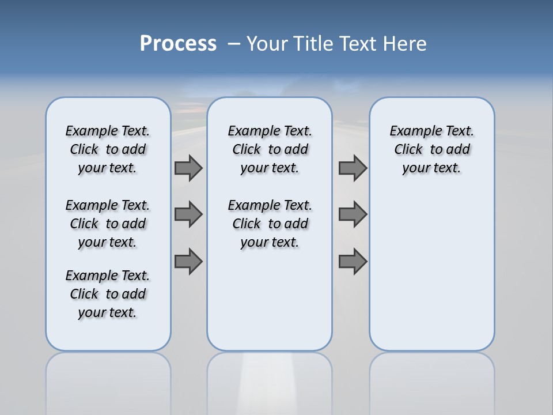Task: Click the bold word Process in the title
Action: [x=178, y=44]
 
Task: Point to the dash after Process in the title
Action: [x=234, y=44]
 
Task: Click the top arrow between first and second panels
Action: [x=188, y=168]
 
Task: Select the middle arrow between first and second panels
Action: [x=188, y=214]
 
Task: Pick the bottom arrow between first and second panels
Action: [x=188, y=262]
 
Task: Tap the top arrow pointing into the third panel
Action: [x=353, y=168]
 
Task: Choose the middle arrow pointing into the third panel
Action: [x=353, y=214]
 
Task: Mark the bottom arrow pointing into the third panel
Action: [x=353, y=262]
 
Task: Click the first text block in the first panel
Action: [x=108, y=149]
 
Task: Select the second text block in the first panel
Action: [x=108, y=224]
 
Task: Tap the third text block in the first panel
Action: [x=108, y=294]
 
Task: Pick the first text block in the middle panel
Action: [x=270, y=149]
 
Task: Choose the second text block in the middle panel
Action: [x=270, y=224]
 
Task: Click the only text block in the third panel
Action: [x=431, y=149]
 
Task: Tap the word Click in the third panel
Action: [x=408, y=150]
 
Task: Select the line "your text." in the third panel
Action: [x=431, y=168]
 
